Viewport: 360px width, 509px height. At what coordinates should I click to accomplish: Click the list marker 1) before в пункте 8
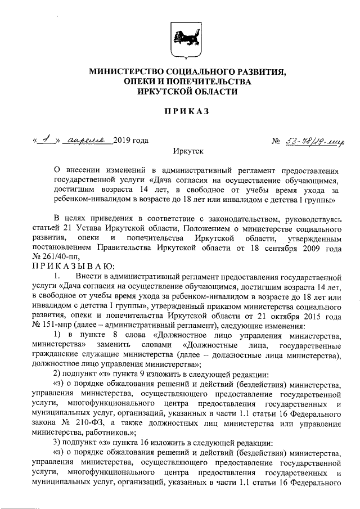point(57,336)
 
